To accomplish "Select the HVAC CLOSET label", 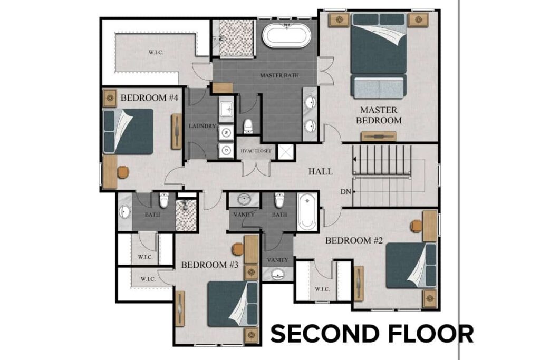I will pyautogui.click(x=256, y=151).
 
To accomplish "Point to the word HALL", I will pyautogui.click(x=320, y=171).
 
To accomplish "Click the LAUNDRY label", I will pyautogui.click(x=202, y=127).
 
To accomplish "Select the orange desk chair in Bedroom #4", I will pyautogui.click(x=122, y=172).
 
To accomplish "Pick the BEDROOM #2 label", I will pyautogui.click(x=354, y=240).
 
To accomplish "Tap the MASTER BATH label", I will pyautogui.click(x=279, y=75).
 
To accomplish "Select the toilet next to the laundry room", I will pyautogui.click(x=248, y=127).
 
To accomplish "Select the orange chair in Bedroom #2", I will pyautogui.click(x=416, y=226).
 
